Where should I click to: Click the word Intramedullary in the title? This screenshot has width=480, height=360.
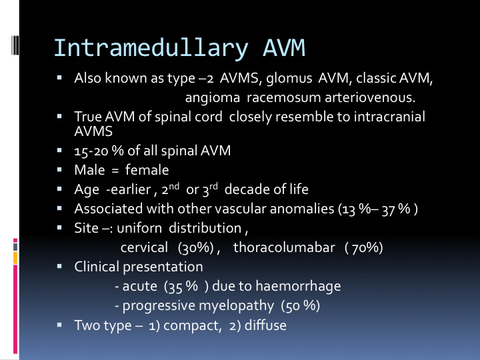tap(151, 49)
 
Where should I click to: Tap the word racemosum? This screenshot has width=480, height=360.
tap(283, 97)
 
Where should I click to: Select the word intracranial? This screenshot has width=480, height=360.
tap(389, 117)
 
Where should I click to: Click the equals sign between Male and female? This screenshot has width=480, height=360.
tap(115, 171)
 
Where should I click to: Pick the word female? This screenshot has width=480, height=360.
tap(147, 170)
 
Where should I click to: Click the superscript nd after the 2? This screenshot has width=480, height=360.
tap(174, 186)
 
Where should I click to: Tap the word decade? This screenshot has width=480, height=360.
tap(249, 189)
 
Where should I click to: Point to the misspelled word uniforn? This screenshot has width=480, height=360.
tap(139, 228)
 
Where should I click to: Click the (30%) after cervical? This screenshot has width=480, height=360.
tap(195, 247)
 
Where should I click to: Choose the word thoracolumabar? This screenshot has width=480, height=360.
tap(284, 247)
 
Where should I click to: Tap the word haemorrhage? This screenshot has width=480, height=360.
tap(298, 286)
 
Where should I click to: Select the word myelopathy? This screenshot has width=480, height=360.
tap(198, 306)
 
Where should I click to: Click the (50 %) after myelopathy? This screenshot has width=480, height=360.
tap(300, 306)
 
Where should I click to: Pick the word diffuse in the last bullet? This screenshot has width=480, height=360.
tap(265, 325)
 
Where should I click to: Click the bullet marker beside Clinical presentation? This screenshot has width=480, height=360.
tap(59, 266)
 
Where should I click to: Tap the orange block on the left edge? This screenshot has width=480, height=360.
tap(15, 258)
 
